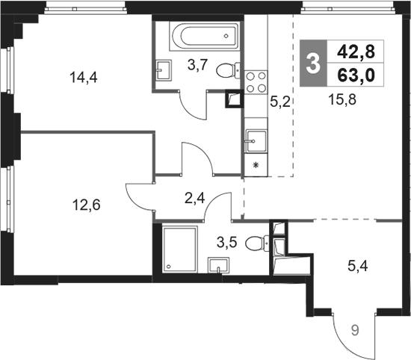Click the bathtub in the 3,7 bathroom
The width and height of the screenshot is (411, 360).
[205, 36]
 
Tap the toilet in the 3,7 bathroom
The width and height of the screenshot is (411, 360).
[228, 70]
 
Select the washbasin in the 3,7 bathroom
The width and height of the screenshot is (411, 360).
[164, 69]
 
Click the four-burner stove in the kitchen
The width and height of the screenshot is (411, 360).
[256, 81]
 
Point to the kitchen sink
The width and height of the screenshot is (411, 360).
[256, 141]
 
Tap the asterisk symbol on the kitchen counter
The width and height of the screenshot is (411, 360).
[256, 165]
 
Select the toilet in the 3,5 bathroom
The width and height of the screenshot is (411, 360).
[257, 243]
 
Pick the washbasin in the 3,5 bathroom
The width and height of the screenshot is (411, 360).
[218, 265]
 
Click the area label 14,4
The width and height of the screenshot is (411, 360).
[84, 78]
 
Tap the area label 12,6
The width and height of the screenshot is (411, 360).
[87, 205]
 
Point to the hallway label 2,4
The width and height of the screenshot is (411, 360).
[194, 199]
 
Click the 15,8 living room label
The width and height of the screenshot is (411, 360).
[342, 100]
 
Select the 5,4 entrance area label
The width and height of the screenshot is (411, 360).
[358, 266]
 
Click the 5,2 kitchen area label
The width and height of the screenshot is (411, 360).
[280, 102]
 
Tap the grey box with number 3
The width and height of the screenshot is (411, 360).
[314, 63]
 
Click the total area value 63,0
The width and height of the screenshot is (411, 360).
[356, 75]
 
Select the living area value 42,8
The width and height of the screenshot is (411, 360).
[356, 52]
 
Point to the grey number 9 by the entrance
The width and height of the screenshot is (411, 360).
[355, 331]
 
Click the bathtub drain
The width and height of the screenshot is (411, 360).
[226, 36]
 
